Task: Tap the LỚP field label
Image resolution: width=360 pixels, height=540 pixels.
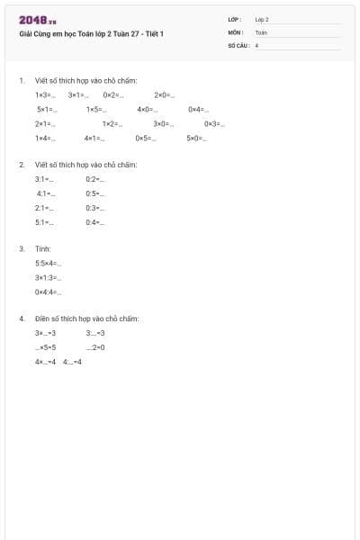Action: point(235,19)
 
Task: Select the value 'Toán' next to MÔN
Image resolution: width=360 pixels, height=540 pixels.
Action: point(261,31)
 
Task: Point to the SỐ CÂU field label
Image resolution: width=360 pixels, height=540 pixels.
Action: point(238,44)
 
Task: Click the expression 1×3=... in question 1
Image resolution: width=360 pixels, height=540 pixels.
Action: point(45,94)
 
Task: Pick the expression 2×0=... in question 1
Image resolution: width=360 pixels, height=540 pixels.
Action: point(165,94)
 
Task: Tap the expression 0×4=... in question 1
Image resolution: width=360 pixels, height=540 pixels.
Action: point(198,109)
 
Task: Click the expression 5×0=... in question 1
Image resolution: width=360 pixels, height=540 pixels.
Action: point(197,139)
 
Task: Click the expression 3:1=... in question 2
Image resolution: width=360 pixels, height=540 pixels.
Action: point(45,179)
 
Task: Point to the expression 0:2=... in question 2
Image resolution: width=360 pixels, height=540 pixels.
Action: point(95,179)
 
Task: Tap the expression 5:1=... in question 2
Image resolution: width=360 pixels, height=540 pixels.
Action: point(45,222)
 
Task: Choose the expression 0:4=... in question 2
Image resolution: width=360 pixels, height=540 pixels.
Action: point(95,222)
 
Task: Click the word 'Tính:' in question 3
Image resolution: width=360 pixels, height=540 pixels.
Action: point(43,248)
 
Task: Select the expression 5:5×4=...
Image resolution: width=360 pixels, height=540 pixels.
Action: point(49,263)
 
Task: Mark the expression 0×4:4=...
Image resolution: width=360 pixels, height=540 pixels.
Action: point(49,292)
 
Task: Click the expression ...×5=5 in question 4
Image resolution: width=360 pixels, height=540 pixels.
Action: point(46,346)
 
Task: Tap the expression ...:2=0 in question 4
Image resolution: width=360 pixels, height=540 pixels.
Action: point(95,346)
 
